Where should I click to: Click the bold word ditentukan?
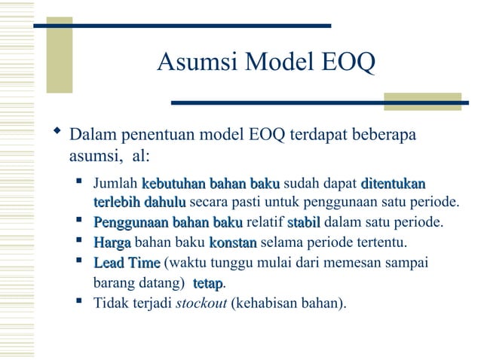tap(393, 184)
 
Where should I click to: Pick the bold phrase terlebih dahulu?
tap(139, 203)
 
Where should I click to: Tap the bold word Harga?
tap(112, 243)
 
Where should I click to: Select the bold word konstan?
tap(232, 243)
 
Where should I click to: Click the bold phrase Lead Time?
tap(126, 263)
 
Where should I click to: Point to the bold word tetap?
tap(207, 284)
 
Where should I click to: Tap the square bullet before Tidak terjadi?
tap(79, 303)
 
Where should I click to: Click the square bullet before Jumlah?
tap(79, 182)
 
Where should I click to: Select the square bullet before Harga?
tap(79, 242)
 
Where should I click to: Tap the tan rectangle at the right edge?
tap(421, 102)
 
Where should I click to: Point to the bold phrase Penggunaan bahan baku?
tap(167, 223)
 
